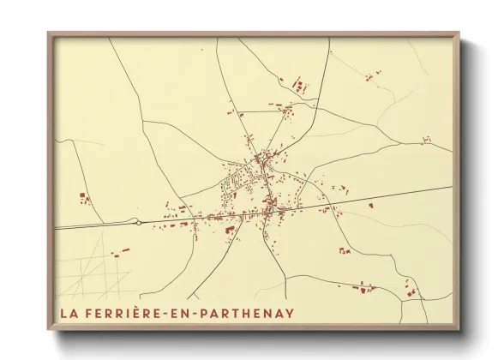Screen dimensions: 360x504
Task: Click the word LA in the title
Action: tap(69, 313)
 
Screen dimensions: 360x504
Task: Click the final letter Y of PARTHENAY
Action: tap(290, 313)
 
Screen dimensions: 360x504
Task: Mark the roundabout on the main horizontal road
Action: tap(138, 223)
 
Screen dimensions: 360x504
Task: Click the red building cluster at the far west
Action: tap(85, 199)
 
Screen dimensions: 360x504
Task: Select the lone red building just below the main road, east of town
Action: tap(370, 206)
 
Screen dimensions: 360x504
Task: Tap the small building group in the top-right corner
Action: tap(371, 77)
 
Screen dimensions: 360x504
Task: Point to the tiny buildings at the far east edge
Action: tap(428, 138)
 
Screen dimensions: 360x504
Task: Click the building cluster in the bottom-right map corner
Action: tap(411, 292)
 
